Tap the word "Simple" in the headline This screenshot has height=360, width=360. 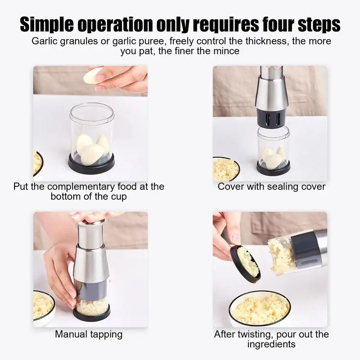[x=47, y=25]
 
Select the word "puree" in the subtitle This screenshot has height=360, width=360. [x=152, y=42]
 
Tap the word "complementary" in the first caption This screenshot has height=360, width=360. [x=81, y=187]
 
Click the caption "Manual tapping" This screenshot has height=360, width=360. [x=89, y=334]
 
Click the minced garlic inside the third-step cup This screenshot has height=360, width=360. [x=92, y=307]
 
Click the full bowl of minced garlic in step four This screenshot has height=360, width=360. [x=260, y=309]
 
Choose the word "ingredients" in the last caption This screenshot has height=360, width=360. [x=271, y=344]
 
